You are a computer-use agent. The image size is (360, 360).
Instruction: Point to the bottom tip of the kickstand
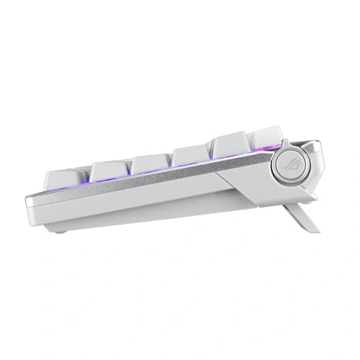coord(314,230)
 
